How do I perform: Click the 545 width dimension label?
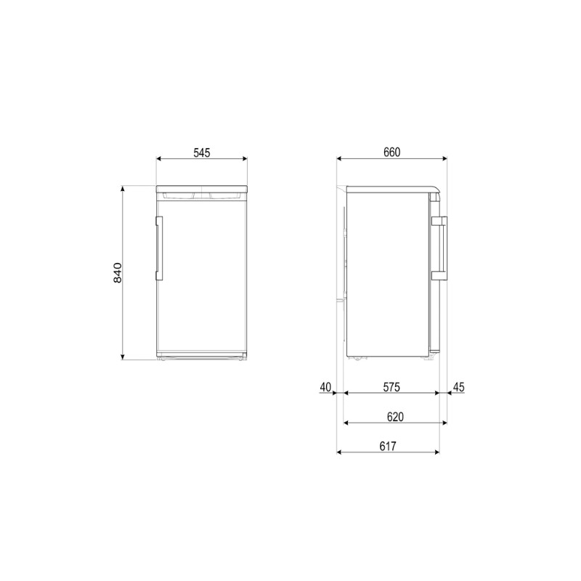[x=202, y=153]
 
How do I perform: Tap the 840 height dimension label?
[x=118, y=272]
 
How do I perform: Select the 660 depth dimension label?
[x=392, y=153]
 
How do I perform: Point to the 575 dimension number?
[x=391, y=387]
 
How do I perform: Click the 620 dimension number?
[x=395, y=417]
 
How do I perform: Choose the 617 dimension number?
[x=388, y=446]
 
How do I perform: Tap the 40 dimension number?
[x=325, y=387]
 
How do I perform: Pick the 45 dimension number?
[x=459, y=387]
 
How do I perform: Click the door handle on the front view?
[x=159, y=248]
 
